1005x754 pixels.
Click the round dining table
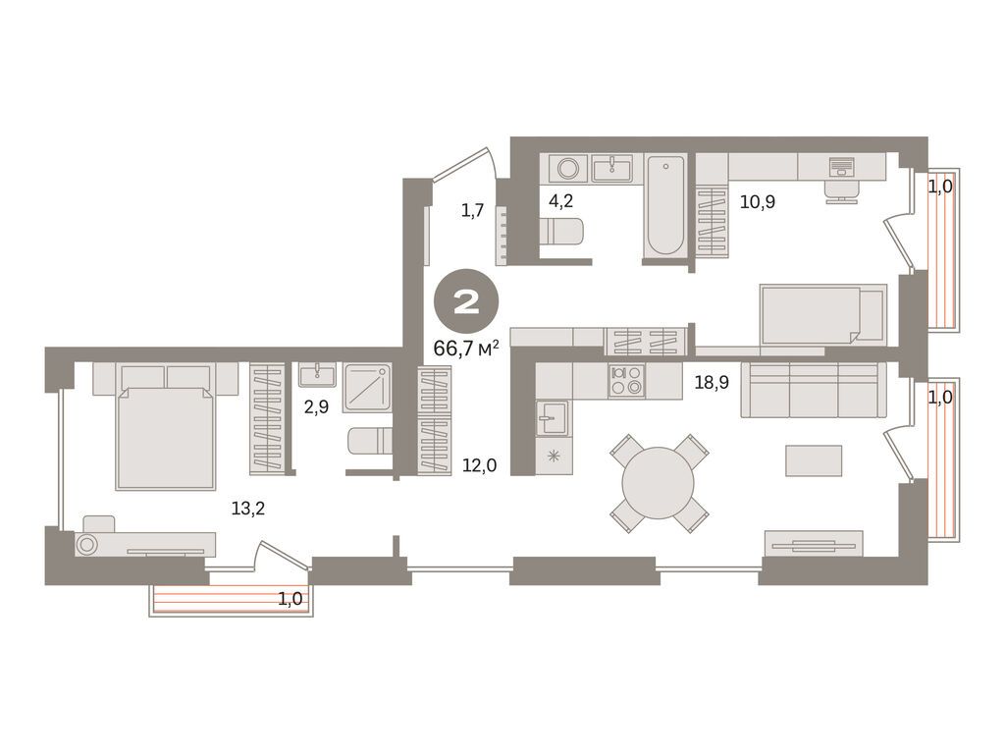(x=659, y=483)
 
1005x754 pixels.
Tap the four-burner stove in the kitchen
(x=626, y=380)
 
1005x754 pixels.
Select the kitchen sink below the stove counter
(x=553, y=417)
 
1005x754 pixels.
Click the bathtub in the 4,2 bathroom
(x=665, y=205)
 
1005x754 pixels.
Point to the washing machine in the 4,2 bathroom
(x=568, y=169)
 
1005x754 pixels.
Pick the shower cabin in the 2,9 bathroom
(x=367, y=388)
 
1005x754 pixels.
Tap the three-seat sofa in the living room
(x=814, y=390)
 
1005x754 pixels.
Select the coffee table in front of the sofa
(x=814, y=461)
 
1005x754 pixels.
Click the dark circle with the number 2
(x=466, y=301)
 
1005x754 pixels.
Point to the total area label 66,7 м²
(x=466, y=349)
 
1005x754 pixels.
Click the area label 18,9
(x=713, y=383)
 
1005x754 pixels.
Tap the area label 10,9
(x=758, y=202)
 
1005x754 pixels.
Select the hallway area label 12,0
(x=479, y=465)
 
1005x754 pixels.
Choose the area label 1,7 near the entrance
(x=472, y=210)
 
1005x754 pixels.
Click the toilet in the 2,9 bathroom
(x=370, y=441)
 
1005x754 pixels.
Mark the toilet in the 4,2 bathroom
(x=561, y=232)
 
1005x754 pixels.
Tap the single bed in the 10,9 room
(x=823, y=315)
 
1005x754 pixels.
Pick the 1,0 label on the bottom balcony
(x=290, y=599)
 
